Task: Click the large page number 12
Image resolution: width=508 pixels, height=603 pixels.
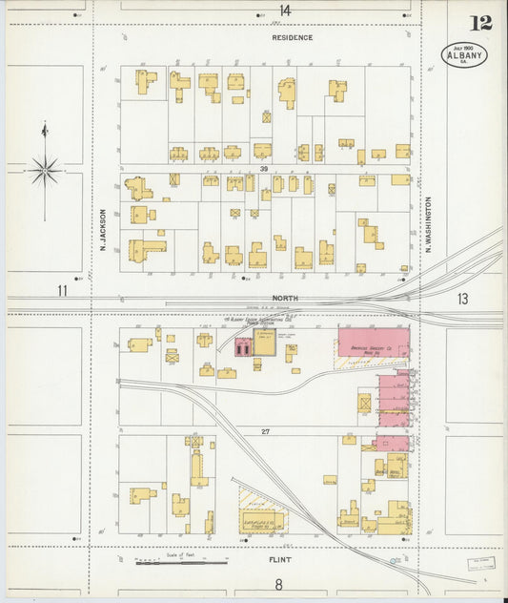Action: [481, 22]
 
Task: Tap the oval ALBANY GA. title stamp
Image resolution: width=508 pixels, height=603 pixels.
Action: [464, 55]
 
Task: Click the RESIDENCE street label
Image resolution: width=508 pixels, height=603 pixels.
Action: [292, 37]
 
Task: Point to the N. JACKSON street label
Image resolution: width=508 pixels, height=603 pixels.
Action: [100, 231]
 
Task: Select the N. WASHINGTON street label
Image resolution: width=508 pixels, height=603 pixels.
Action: [429, 224]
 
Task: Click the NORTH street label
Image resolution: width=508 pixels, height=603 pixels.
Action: [286, 298]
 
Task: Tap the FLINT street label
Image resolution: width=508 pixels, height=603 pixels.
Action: [280, 560]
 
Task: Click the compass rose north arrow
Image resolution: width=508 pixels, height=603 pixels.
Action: [45, 170]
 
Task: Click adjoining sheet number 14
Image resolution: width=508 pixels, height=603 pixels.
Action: [285, 10]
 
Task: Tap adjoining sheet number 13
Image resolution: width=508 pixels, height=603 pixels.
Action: [462, 300]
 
